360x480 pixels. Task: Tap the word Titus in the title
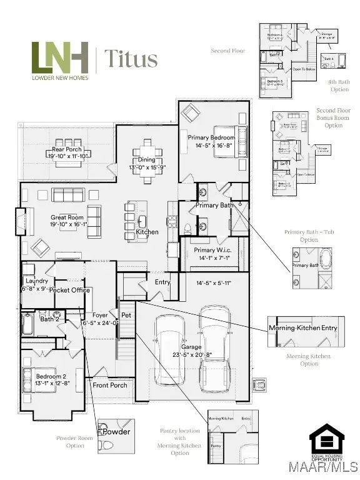(130, 59)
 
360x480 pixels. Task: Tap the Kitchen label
(147, 232)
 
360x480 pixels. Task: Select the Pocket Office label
(69, 290)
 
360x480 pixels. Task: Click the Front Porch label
(110, 385)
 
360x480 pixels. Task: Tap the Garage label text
(191, 347)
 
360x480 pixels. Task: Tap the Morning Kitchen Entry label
(303, 328)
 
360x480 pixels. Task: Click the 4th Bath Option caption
(339, 85)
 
